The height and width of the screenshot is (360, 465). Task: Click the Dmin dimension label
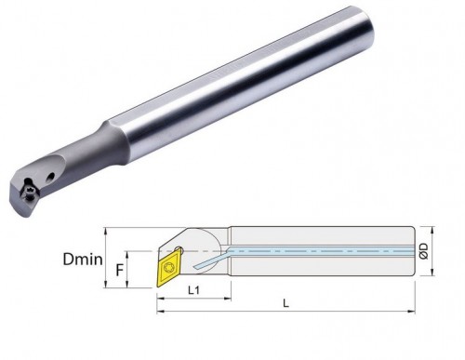pyautogui.click(x=83, y=259)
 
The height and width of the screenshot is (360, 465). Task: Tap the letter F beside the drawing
pyautogui.click(x=120, y=270)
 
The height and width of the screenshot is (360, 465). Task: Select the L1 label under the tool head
pyautogui.click(x=194, y=290)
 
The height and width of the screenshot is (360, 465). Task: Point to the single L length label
pyautogui.click(x=286, y=303)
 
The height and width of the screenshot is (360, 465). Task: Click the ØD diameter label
pyautogui.click(x=424, y=251)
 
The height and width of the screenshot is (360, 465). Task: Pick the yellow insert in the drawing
pyautogui.click(x=168, y=269)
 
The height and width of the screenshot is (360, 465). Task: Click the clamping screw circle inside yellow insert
pyautogui.click(x=169, y=268)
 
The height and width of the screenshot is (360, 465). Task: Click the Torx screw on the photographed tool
pyautogui.click(x=30, y=192)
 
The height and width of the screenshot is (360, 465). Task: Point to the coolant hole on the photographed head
pyautogui.click(x=50, y=177)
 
